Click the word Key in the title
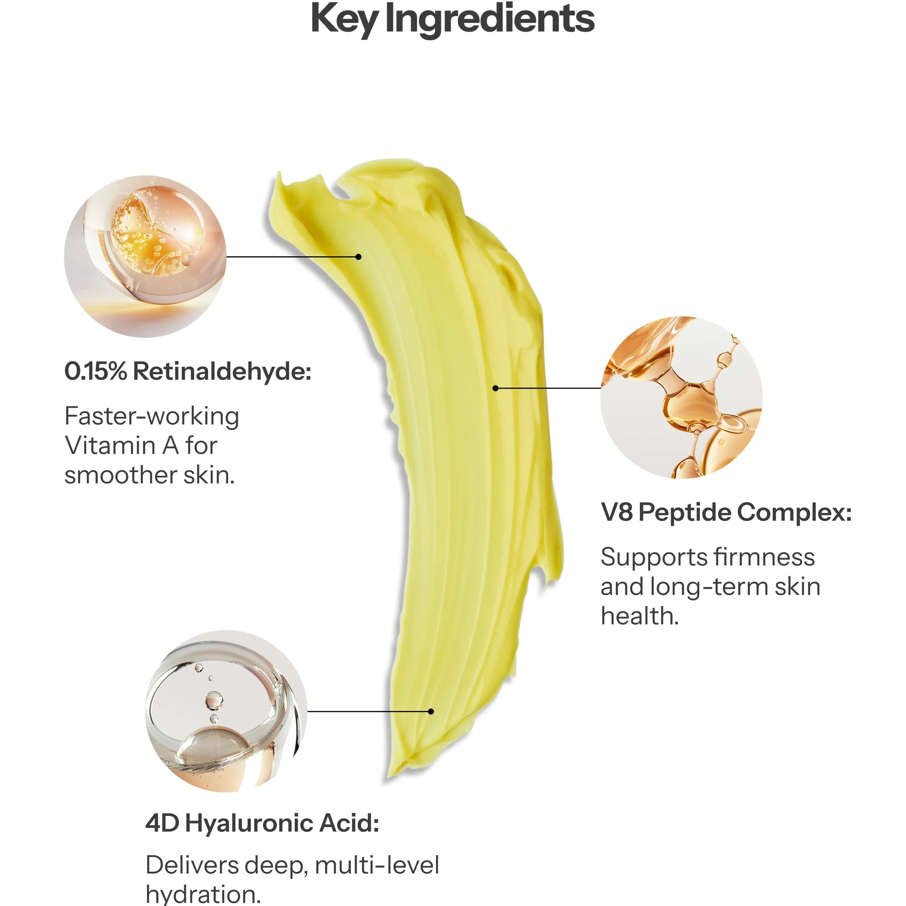coord(344,20)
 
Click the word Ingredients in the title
coord(490,20)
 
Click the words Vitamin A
coord(121,446)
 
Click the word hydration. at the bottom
coord(203,895)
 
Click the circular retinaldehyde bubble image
coord(145,257)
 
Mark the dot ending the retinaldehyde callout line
coord(359,257)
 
